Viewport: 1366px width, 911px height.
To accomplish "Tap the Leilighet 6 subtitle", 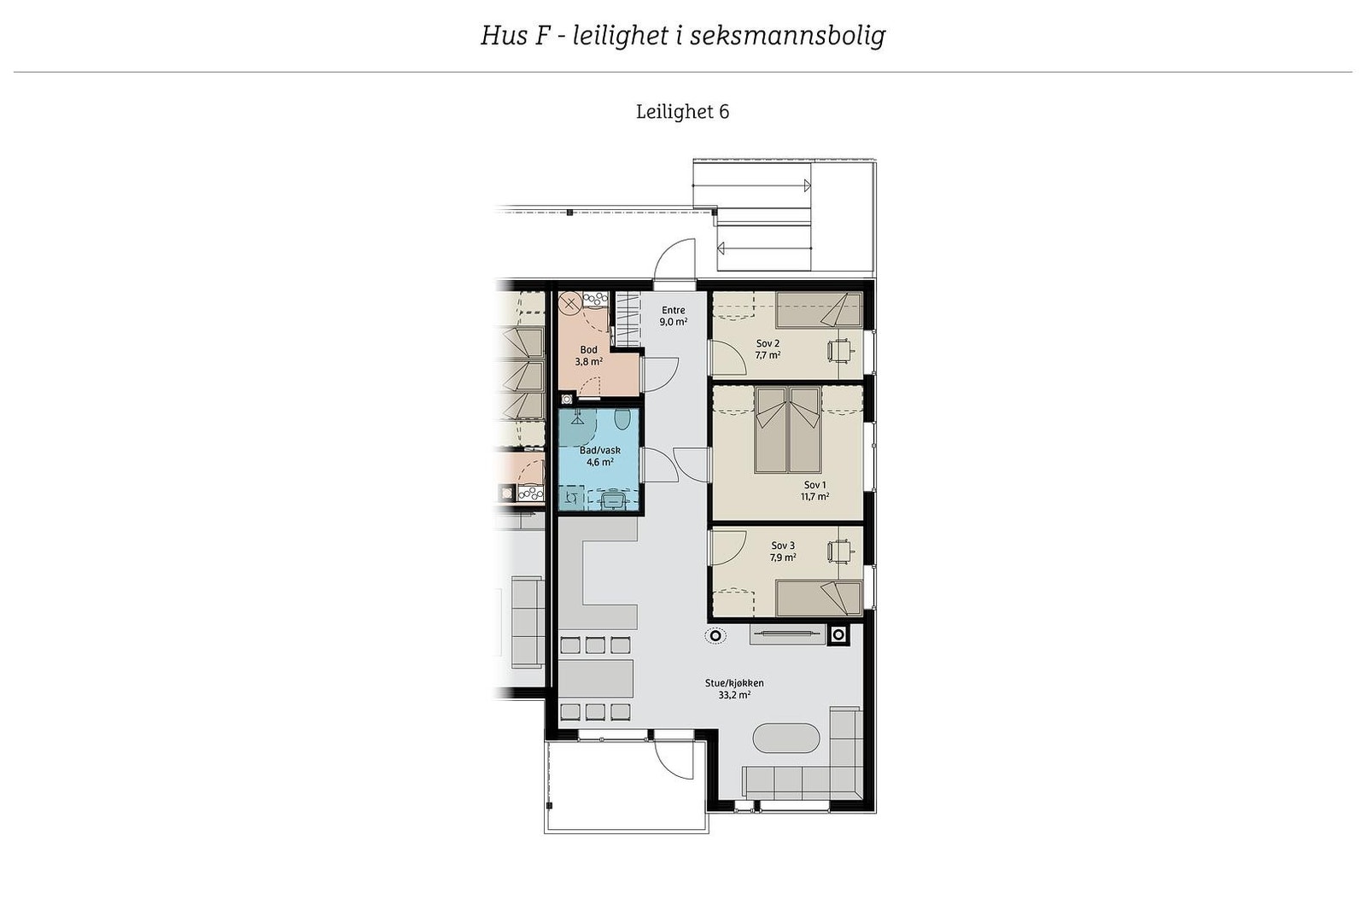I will coord(682,112).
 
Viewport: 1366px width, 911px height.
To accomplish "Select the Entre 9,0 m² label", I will coord(673,316).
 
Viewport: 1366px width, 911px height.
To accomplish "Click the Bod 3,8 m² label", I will coord(588,355).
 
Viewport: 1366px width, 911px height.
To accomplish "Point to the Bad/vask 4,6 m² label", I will coord(599,456).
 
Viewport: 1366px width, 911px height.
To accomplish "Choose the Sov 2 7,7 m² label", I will coord(768,348).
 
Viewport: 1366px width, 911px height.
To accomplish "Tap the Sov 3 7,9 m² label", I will coord(783,551).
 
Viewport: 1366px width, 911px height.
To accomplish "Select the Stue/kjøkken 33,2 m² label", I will coord(734,689).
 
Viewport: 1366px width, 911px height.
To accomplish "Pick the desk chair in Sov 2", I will coord(839,349).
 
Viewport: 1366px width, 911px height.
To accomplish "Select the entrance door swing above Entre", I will coord(675,260).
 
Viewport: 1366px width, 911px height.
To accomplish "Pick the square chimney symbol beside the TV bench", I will coord(838,634).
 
